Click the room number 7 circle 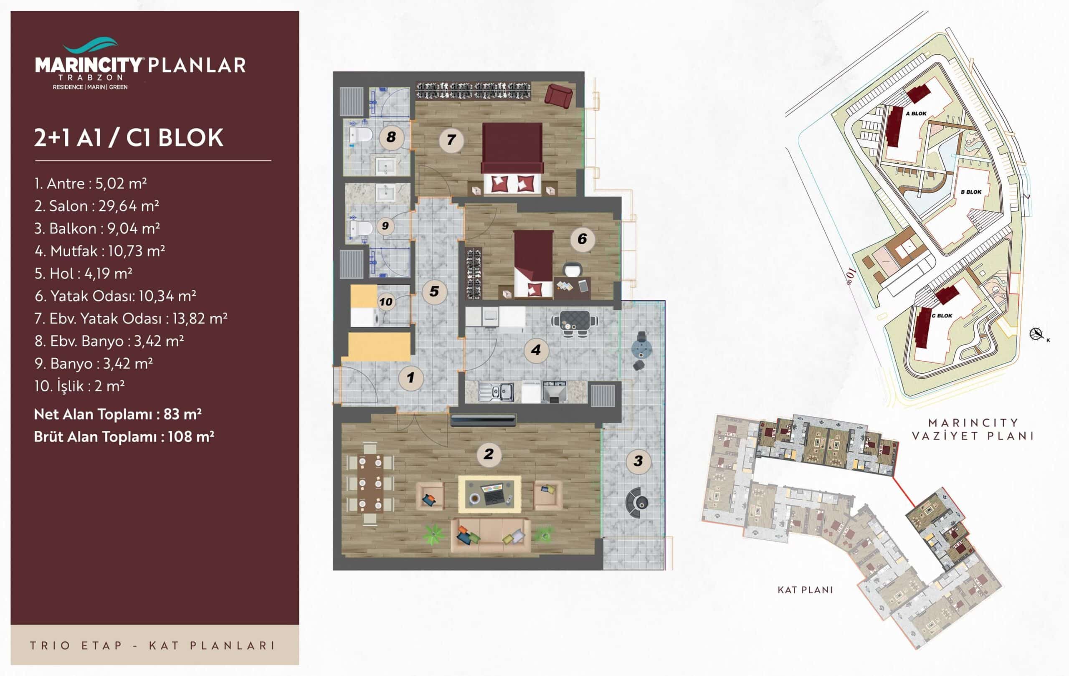(451, 140)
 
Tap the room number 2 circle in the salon (488, 454)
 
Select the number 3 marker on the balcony (638, 461)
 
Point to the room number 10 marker (385, 302)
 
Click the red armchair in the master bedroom (558, 96)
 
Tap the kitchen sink (496, 392)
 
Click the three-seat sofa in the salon (491, 535)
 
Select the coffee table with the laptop (489, 494)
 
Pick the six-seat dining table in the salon (370, 483)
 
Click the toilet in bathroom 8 (360, 136)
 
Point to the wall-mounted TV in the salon (484, 420)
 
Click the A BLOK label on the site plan (916, 114)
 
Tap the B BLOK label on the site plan (971, 192)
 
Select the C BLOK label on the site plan (942, 316)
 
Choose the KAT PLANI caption (805, 590)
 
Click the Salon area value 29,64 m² (129, 206)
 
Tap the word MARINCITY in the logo (89, 65)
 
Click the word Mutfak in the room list (73, 251)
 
